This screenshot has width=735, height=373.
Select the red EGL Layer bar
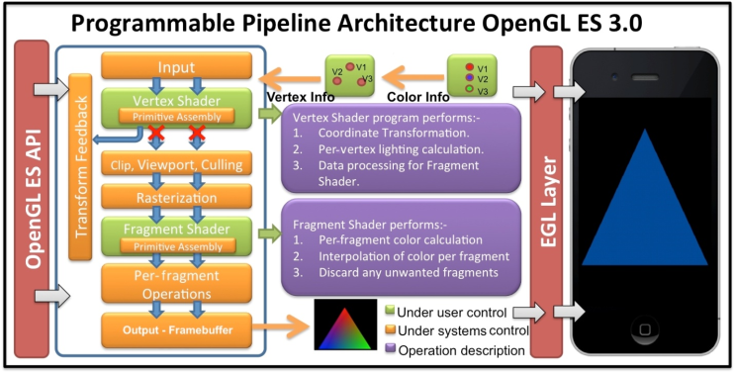coord(546,198)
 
